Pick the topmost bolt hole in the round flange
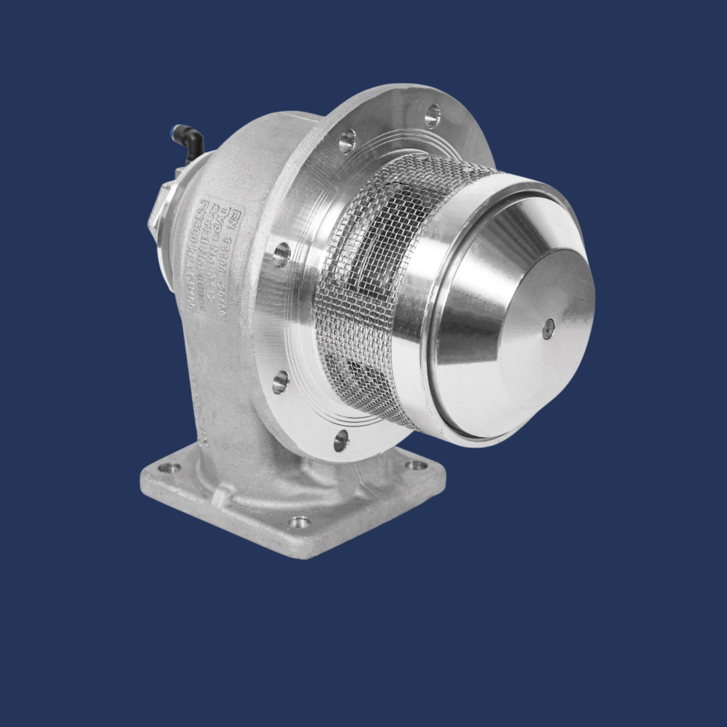point(432,115)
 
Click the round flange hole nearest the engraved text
point(281,255)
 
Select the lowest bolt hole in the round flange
point(341,441)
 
